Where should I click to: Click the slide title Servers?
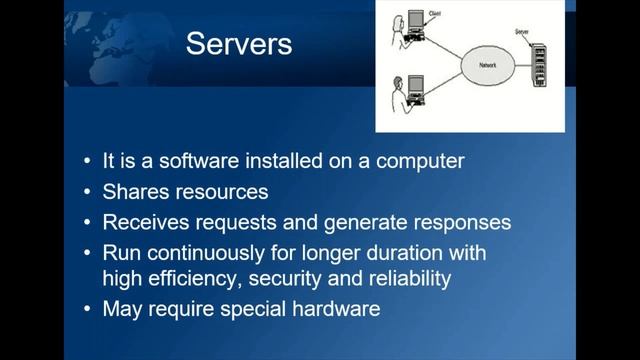pos(240,45)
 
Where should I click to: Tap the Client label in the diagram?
pos(433,14)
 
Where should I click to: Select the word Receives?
pos(147,221)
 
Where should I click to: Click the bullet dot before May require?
pos(89,309)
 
